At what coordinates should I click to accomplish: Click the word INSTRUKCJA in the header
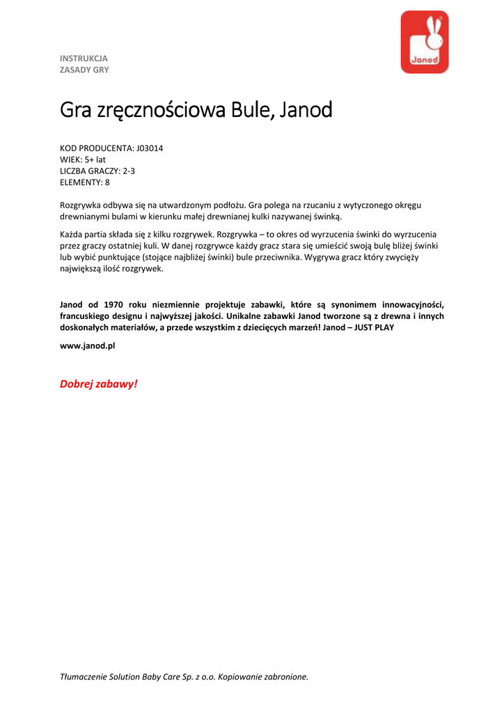[x=84, y=58]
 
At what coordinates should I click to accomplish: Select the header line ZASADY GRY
[x=84, y=70]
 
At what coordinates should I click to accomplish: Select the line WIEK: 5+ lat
[x=83, y=159]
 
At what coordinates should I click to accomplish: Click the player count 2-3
[x=129, y=171]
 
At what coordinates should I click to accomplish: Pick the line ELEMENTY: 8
[x=85, y=182]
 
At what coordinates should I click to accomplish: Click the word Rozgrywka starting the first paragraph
[x=80, y=205]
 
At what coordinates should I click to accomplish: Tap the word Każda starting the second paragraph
[x=72, y=235]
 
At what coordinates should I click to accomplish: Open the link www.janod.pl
[x=87, y=345]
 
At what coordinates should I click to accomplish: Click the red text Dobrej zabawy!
[x=99, y=384]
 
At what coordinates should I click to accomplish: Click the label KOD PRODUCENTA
[x=95, y=148]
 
